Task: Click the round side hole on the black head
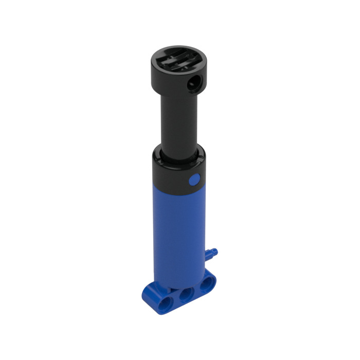[194, 81]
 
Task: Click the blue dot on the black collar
[194, 180]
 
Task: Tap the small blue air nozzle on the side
[211, 253]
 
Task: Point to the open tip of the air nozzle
[216, 251]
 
